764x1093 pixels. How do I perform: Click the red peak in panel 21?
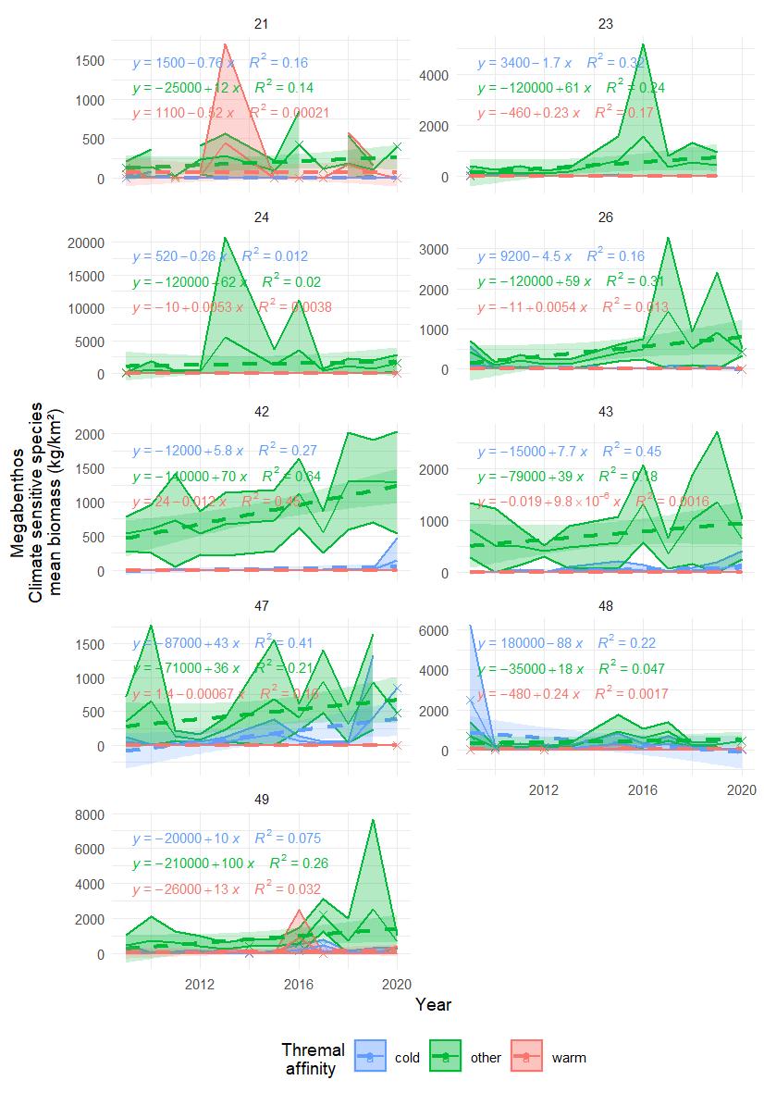click(225, 44)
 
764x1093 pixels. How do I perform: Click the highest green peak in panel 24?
click(225, 238)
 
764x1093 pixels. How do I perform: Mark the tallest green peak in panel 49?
click(372, 819)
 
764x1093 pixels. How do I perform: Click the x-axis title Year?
click(433, 1004)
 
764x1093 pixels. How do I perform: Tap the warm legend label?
click(569, 1057)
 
